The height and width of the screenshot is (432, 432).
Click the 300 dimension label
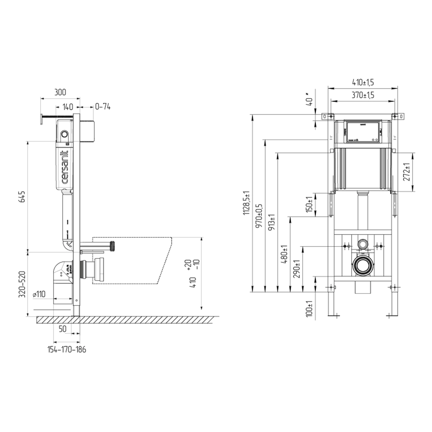60,92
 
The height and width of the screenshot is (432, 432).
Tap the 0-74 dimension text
102,106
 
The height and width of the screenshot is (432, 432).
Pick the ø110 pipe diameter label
39,294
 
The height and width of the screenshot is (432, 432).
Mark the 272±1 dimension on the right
406,172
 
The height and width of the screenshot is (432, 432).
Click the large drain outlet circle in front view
363,266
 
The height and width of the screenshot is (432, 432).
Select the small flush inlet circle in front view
362,244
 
